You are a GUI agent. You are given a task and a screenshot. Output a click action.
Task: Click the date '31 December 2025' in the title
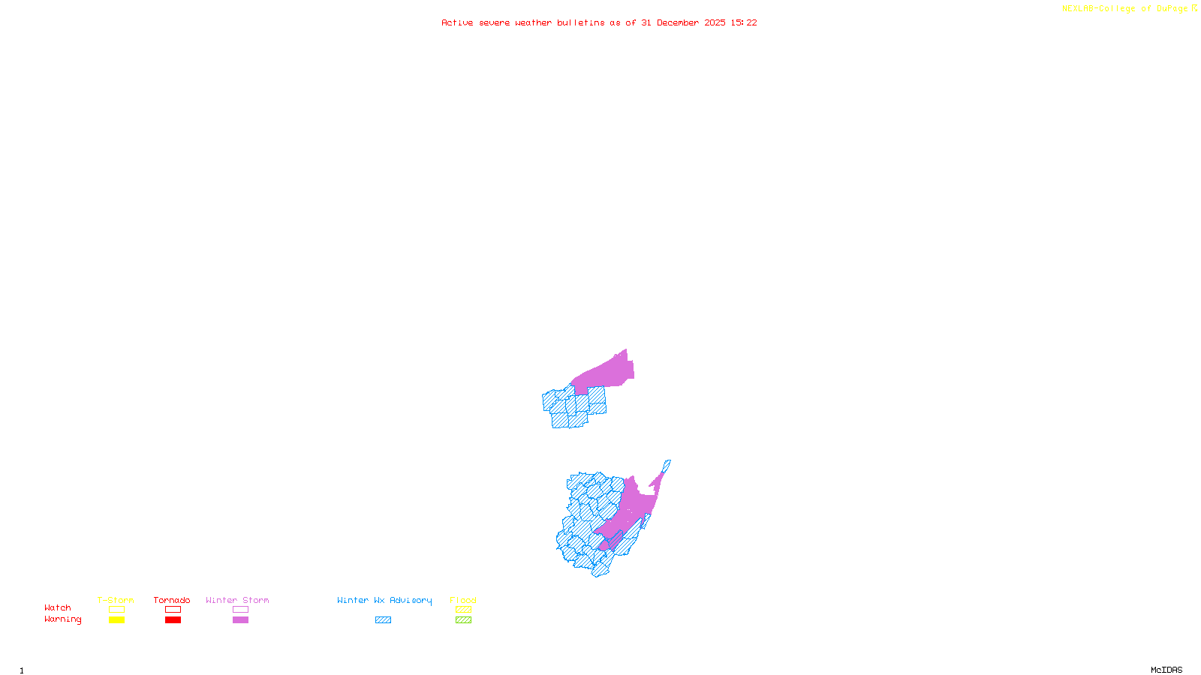pyautogui.click(x=683, y=23)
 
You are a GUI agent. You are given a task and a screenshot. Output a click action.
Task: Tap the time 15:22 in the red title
pyautogui.click(x=744, y=23)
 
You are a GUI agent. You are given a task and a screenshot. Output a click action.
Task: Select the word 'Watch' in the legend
pyautogui.click(x=58, y=608)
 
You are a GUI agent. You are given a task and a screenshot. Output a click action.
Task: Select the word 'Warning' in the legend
pyautogui.click(x=62, y=619)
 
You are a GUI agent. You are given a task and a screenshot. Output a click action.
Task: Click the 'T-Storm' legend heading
pyautogui.click(x=116, y=600)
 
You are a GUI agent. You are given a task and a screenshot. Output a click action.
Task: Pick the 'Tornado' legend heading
pyautogui.click(x=172, y=600)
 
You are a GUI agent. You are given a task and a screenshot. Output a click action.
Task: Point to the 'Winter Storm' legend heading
pyautogui.click(x=237, y=600)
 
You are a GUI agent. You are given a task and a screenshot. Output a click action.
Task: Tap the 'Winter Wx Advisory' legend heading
pyautogui.click(x=384, y=600)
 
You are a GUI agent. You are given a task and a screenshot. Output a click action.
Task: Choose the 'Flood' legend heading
pyautogui.click(x=463, y=600)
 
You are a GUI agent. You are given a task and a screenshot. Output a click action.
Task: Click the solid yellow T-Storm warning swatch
pyautogui.click(x=116, y=620)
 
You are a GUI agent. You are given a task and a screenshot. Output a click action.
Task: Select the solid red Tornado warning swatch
pyautogui.click(x=173, y=620)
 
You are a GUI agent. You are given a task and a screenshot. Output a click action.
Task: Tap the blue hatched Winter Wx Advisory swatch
pyautogui.click(x=383, y=620)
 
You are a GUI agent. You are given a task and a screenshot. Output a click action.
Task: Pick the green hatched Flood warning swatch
pyautogui.click(x=463, y=620)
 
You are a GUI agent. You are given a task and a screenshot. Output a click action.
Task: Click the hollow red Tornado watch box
pyautogui.click(x=173, y=610)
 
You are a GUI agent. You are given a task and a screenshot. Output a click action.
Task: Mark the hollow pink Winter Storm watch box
pyautogui.click(x=240, y=610)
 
